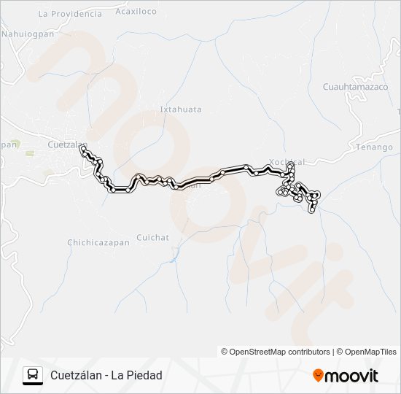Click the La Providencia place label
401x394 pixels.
pyautogui.click(x=70, y=14)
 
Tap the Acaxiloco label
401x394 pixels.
pyautogui.click(x=136, y=12)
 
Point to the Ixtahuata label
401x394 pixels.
pyautogui.click(x=180, y=109)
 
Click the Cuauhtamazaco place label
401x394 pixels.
pyautogui.click(x=355, y=86)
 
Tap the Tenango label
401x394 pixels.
pyautogui.click(x=375, y=147)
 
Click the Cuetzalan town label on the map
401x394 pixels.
pyautogui.click(x=65, y=144)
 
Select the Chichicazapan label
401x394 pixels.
pyautogui.click(x=98, y=242)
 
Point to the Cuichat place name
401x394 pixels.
pyautogui.click(x=152, y=238)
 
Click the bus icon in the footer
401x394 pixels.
pyautogui.click(x=33, y=375)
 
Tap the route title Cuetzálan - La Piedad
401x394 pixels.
pyautogui.click(x=106, y=375)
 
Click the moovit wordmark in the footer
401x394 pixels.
pyautogui.click(x=351, y=376)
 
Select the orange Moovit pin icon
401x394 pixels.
pyautogui.click(x=318, y=375)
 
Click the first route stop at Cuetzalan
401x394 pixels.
pyautogui.click(x=82, y=148)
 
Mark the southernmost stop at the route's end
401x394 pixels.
pyautogui.click(x=313, y=210)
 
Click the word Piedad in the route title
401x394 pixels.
pyautogui.click(x=145, y=375)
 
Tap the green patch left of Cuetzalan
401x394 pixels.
pyautogui.click(x=31, y=153)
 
